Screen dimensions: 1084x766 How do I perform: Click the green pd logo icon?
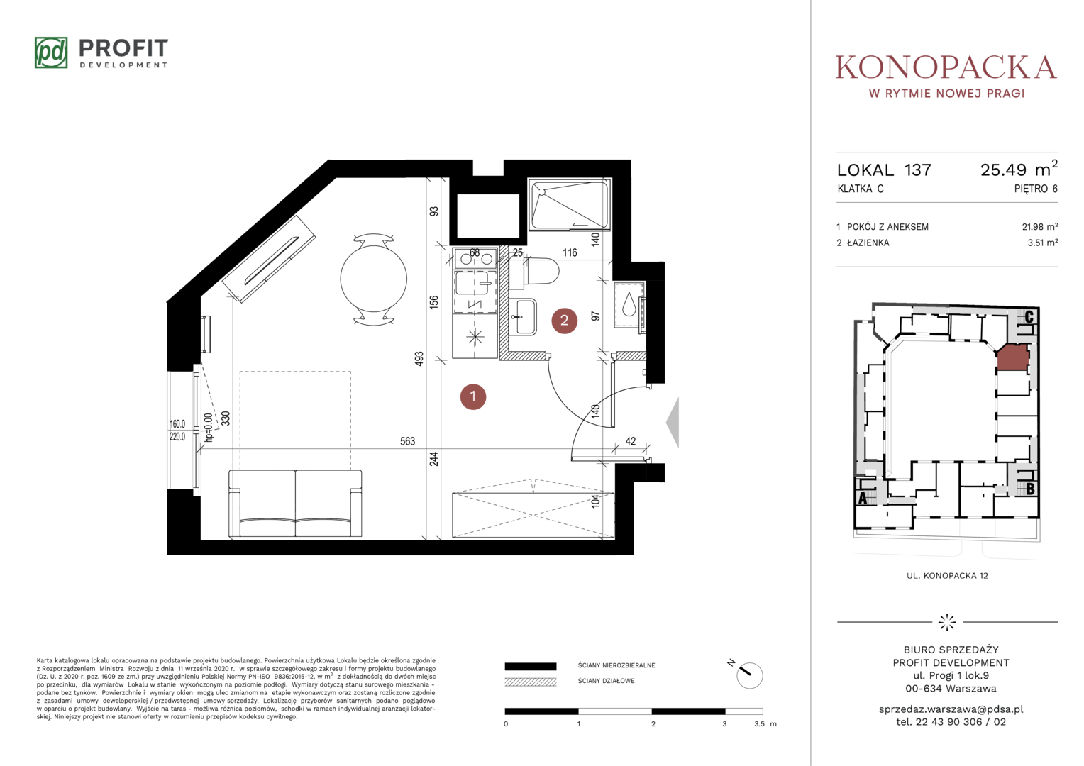[51, 52]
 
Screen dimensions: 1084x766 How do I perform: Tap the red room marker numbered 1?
[472, 396]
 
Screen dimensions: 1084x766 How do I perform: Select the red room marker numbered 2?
[564, 321]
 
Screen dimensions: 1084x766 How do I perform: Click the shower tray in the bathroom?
[570, 204]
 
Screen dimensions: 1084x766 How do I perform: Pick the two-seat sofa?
[295, 504]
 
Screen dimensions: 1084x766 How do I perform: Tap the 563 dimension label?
[407, 441]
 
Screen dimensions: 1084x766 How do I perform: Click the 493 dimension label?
[419, 359]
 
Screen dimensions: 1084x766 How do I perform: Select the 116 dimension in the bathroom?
[570, 252]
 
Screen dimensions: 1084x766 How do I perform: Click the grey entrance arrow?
[673, 423]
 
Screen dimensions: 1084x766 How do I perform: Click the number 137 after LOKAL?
[917, 170]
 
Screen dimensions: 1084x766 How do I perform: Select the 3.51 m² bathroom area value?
[1043, 243]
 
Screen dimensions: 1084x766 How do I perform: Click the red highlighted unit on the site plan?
[1012, 357]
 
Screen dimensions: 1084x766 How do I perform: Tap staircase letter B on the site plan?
[1030, 489]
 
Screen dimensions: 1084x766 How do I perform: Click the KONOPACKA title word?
[946, 67]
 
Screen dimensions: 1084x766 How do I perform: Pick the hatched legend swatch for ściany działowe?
[531, 682]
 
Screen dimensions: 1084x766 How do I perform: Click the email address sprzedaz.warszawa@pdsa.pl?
[951, 709]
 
